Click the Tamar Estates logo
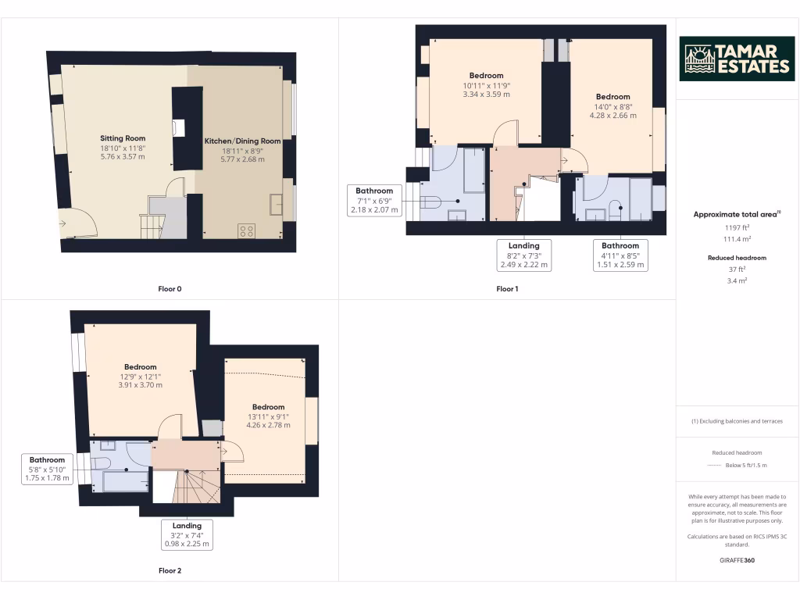click(x=737, y=59)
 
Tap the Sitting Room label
click(x=123, y=137)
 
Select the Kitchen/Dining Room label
click(x=242, y=141)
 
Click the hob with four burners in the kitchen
click(x=246, y=230)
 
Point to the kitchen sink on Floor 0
click(x=277, y=203)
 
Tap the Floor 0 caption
click(x=170, y=289)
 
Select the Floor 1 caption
click(x=507, y=289)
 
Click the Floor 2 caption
click(x=170, y=571)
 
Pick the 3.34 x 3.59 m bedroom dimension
click(x=486, y=95)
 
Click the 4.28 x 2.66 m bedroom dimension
click(x=612, y=116)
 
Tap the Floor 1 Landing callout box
click(x=524, y=255)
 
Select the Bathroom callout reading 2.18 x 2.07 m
click(x=375, y=200)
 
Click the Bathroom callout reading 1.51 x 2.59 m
click(x=620, y=255)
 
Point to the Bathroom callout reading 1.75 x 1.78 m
click(x=48, y=469)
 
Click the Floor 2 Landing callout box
click(x=187, y=535)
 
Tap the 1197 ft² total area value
click(x=737, y=227)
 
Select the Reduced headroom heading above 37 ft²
click(x=737, y=258)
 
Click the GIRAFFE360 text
click(x=737, y=560)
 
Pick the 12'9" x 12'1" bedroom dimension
click(x=140, y=376)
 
